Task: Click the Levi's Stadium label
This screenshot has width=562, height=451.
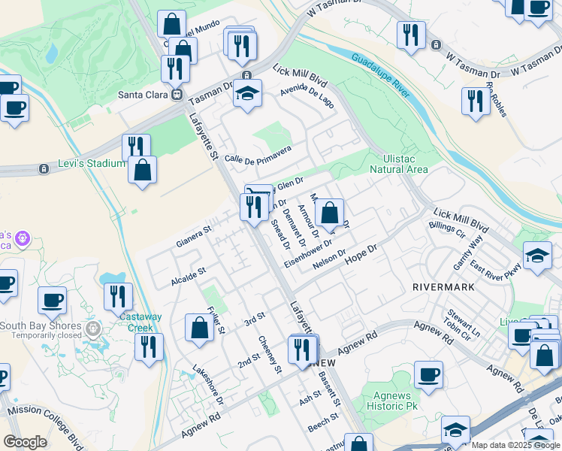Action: tap(92, 164)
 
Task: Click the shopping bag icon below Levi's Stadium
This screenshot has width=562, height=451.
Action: tap(142, 170)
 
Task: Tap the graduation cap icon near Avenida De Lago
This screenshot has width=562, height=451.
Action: tap(246, 95)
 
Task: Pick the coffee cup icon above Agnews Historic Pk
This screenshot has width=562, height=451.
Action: tap(428, 375)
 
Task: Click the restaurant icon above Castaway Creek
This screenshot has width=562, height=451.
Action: tap(118, 297)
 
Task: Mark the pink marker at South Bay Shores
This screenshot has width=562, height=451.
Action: tap(93, 328)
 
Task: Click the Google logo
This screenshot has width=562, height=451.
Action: tap(26, 442)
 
